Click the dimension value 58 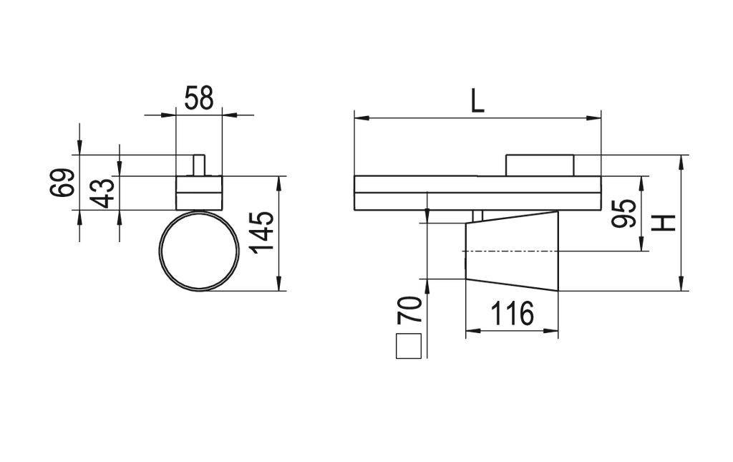198,98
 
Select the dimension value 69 62,183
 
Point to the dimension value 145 262,231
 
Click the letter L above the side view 477,101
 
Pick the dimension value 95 625,213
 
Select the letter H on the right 666,223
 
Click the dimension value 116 511,313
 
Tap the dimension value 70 409,311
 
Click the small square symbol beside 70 409,346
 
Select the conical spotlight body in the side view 512,251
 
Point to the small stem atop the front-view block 199,164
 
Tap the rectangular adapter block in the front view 199,193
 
